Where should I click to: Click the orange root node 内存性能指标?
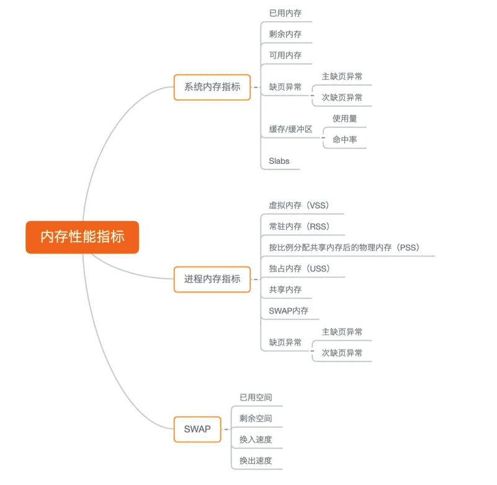[83, 237]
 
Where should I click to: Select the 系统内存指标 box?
[212, 87]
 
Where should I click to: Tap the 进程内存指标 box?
[212, 279]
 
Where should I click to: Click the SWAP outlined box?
[197, 429]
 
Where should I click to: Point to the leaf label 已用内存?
[285, 13]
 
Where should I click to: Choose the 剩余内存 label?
[285, 34]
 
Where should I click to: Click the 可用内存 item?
[285, 55]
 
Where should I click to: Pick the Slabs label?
[279, 161]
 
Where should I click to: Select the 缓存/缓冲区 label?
[290, 129]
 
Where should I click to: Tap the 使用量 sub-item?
[344, 119]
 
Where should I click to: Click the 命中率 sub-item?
[344, 140]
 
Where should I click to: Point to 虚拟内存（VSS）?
[300, 205]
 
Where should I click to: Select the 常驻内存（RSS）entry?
[300, 227]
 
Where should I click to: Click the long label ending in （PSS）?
[344, 247]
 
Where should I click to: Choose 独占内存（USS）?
[300, 269]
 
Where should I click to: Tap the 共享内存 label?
[285, 289]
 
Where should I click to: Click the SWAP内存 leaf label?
[289, 311]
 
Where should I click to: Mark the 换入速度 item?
[256, 440]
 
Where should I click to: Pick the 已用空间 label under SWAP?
[256, 397]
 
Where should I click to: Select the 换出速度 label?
[256, 461]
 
